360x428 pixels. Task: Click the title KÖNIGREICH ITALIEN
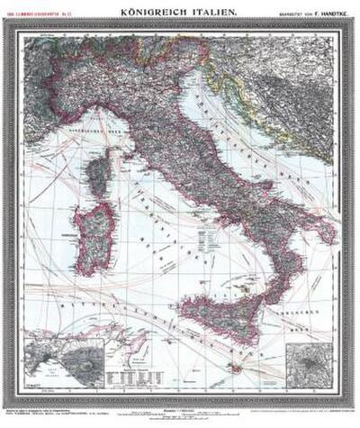(179, 10)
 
